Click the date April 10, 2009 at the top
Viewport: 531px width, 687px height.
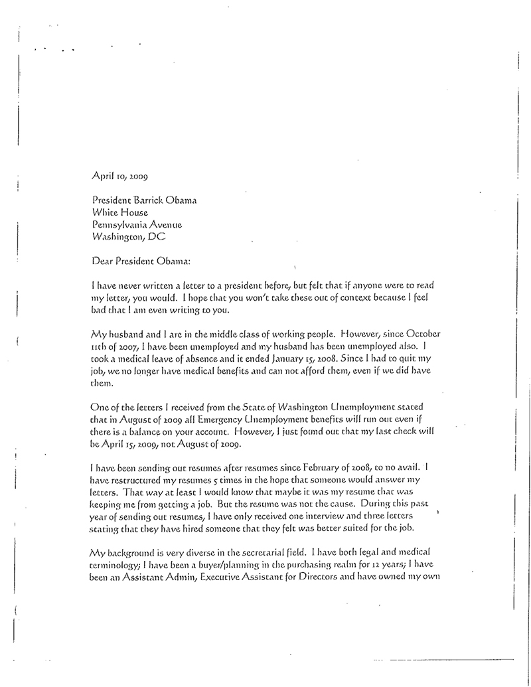point(118,177)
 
